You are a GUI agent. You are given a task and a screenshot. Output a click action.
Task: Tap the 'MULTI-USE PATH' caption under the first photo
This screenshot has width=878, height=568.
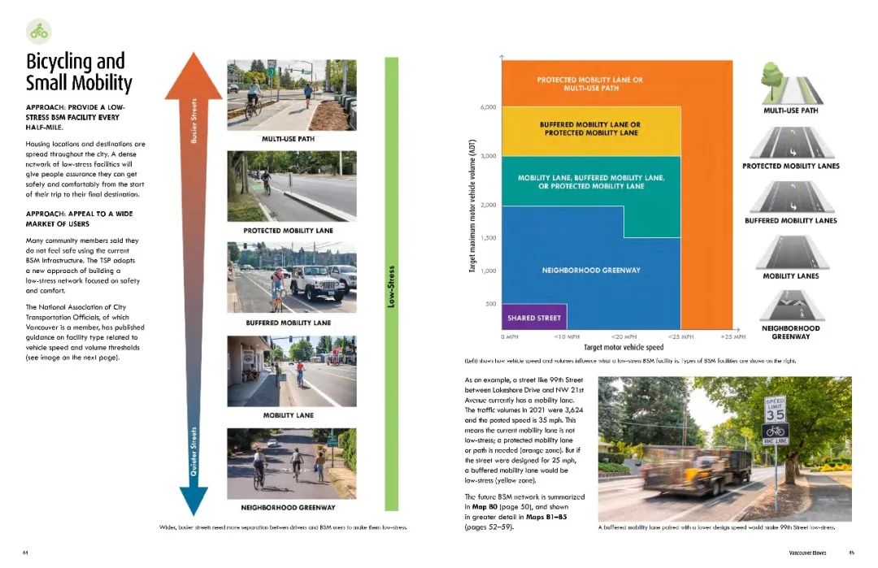tap(288, 139)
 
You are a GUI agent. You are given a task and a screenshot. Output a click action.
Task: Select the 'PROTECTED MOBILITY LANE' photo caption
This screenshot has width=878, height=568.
tap(288, 231)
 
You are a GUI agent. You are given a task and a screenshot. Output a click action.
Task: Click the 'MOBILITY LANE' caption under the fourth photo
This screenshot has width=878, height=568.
tap(288, 415)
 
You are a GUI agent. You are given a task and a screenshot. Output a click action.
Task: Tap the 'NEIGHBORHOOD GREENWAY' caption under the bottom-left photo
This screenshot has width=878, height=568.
tap(288, 508)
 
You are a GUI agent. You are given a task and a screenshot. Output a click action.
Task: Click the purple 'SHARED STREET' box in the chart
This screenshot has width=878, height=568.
tap(533, 317)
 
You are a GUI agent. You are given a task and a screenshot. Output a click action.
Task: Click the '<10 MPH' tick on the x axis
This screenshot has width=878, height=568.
tap(567, 336)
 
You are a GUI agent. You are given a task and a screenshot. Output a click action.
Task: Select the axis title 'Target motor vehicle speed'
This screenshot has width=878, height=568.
tap(624, 347)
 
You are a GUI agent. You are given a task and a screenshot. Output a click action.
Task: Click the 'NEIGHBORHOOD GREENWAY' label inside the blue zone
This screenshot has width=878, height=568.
tap(591, 270)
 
